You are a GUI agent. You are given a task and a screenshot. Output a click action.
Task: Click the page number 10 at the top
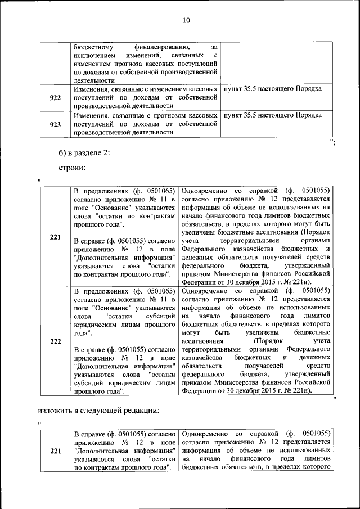(x=186, y=21)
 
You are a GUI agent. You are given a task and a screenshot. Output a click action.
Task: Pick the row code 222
(x=55, y=341)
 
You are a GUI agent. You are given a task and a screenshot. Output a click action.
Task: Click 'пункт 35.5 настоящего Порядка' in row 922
(x=272, y=89)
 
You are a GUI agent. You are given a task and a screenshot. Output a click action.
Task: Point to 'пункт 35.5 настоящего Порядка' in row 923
(x=272, y=115)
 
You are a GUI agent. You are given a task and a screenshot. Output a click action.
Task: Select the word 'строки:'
(x=72, y=168)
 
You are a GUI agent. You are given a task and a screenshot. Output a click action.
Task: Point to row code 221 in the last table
(x=55, y=451)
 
